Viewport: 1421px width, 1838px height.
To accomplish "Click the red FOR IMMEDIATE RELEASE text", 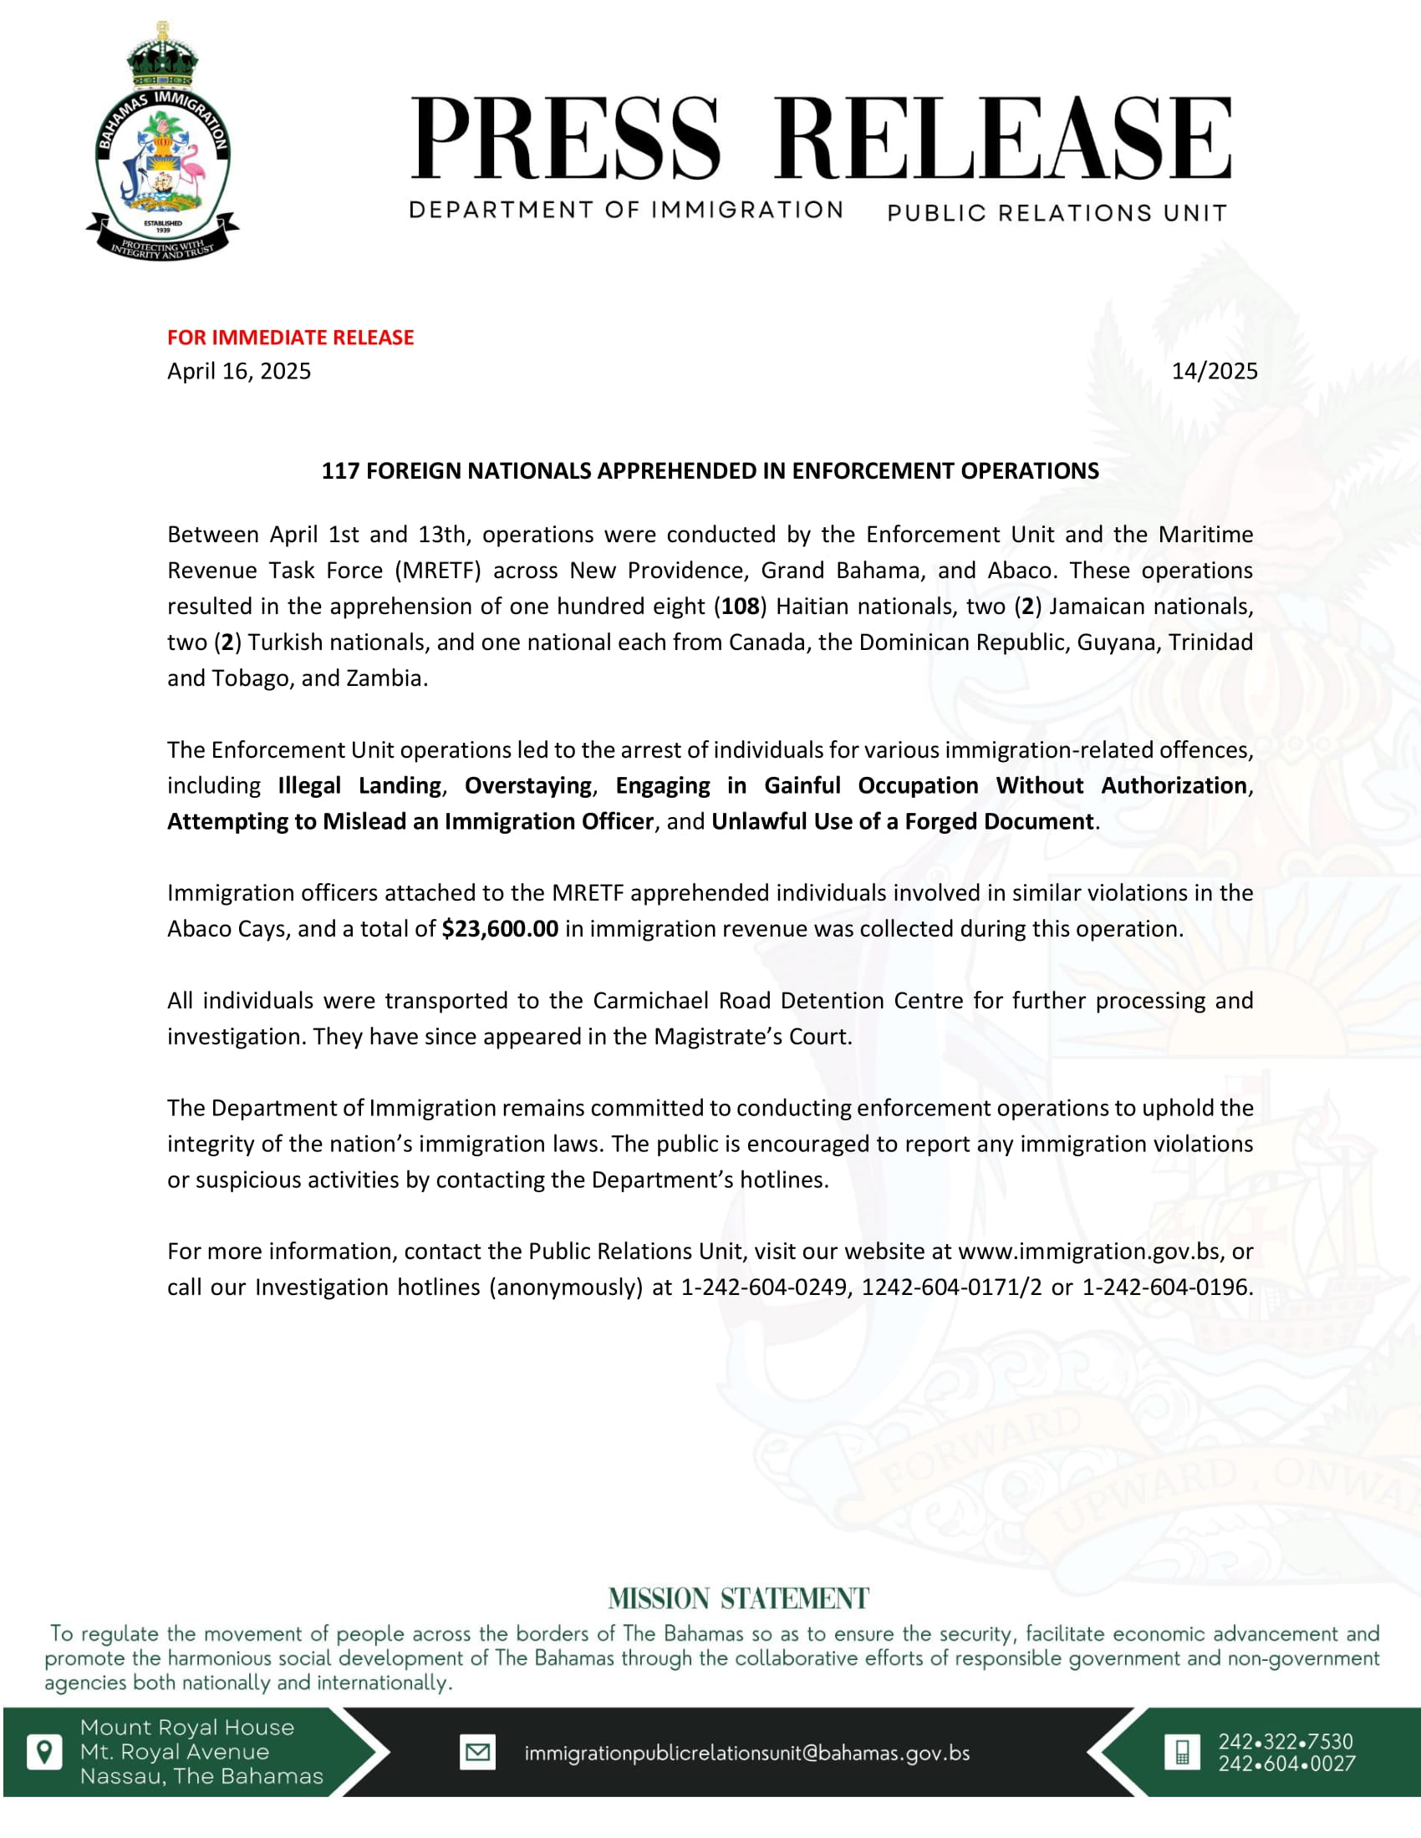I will point(290,338).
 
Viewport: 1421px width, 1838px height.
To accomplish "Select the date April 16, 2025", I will point(239,371).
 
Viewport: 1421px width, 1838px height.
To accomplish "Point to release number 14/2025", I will point(1214,371).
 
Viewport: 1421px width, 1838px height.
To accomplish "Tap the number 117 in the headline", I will point(340,470).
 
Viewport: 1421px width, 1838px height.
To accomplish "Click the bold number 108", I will point(740,606).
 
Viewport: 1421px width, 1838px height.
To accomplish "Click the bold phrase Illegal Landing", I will point(359,785).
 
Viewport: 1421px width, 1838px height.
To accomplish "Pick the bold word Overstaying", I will point(527,785).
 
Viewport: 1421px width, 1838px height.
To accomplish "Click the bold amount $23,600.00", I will point(500,928).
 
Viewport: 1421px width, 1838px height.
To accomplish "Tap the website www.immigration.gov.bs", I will point(1089,1251).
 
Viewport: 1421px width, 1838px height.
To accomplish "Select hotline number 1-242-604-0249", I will point(764,1287).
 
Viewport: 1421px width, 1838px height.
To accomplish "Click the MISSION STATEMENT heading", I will point(738,1598).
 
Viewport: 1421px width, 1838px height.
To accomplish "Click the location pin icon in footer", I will point(44,1752).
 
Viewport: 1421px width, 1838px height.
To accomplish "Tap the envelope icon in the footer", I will point(477,1752).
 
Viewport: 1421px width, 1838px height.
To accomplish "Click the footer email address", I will point(746,1753).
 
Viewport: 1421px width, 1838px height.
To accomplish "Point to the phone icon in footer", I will point(1182,1752).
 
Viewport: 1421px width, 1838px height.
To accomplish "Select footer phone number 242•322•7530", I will point(1286,1741).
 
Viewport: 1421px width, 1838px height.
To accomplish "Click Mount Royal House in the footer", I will point(187,1728).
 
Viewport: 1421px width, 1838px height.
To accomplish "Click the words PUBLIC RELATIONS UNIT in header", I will point(1057,213).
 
